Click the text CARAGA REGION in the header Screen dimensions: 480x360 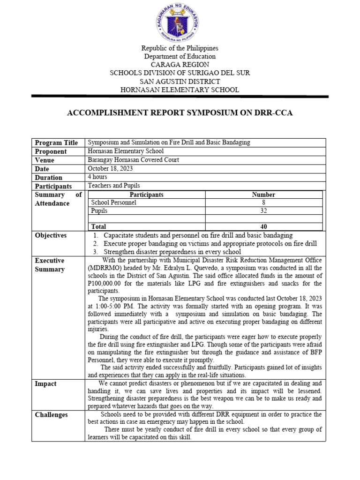tap(180, 64)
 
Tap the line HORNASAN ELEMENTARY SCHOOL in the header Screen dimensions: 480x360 tap(180, 90)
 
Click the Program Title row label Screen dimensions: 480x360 tap(56, 142)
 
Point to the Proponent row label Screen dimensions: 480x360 tap(51, 151)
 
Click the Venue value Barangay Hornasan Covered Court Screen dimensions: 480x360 tap(133, 160)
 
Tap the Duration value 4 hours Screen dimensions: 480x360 tap(97, 177)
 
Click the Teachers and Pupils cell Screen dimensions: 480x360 tap(114, 186)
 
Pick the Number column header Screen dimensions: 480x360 tap(263, 195)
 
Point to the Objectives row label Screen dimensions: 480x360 tap(51, 235)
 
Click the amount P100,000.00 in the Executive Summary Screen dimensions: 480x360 tap(107, 284)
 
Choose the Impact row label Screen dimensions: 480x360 tap(45, 384)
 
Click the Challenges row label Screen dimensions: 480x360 tap(51, 415)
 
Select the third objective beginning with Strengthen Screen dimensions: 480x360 tap(172, 252)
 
